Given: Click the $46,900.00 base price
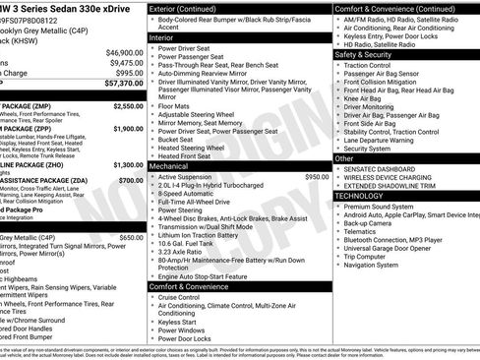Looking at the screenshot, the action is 124,52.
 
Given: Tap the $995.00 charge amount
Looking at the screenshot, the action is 129,73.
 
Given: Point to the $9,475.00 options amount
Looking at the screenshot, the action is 126,63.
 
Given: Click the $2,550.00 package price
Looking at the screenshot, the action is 128,105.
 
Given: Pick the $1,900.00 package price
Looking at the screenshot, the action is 128,128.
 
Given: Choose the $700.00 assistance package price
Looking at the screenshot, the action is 131,181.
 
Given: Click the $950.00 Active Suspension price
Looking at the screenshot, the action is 317,177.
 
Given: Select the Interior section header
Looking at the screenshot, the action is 162,36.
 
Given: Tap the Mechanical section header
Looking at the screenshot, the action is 169,166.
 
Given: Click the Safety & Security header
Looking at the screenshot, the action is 363,55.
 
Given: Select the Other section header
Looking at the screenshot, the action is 344,157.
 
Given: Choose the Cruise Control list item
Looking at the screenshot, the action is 185,296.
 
